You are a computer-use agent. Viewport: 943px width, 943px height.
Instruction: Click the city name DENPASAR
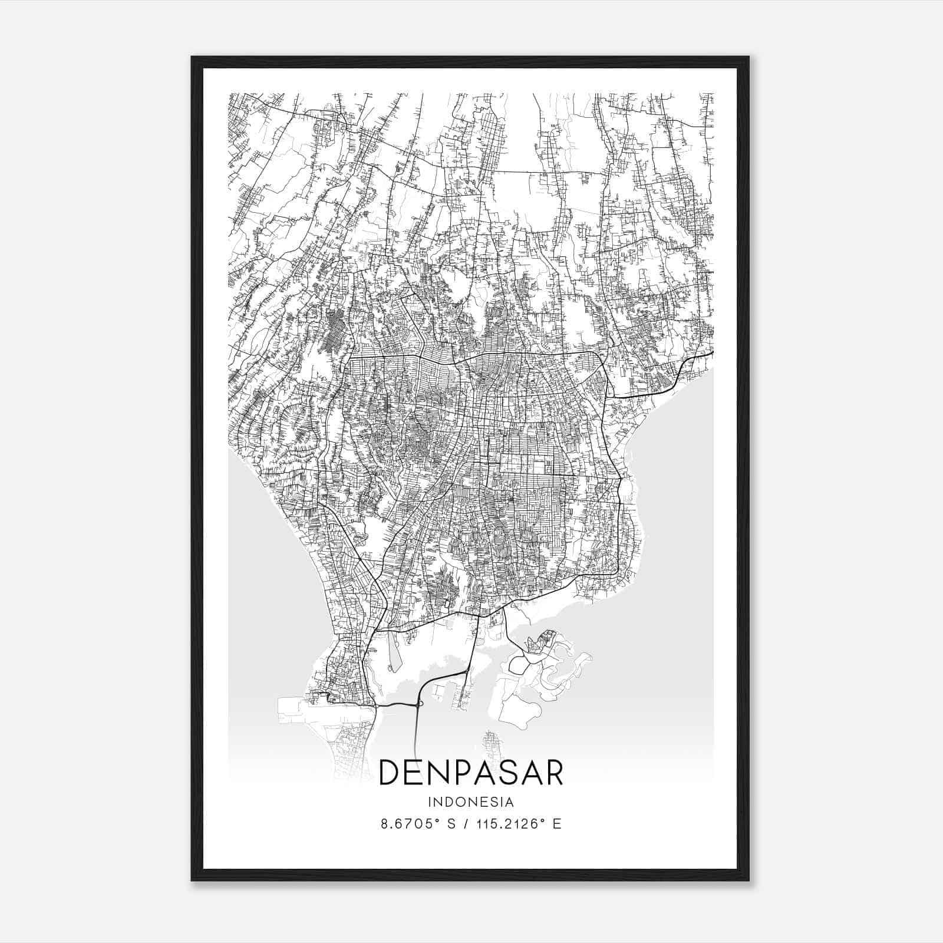click(x=471, y=773)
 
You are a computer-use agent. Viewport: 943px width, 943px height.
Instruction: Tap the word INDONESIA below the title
click(x=471, y=802)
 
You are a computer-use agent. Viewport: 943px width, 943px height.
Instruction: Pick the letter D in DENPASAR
click(x=391, y=773)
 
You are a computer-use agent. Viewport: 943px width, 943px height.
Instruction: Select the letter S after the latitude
click(x=451, y=824)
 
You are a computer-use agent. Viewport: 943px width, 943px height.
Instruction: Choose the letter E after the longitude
click(x=556, y=824)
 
